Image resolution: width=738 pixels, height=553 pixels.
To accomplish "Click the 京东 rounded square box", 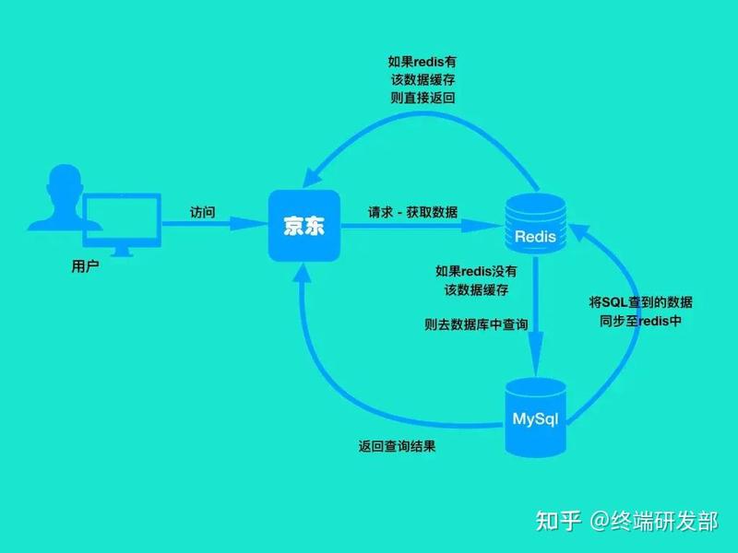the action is [304, 226].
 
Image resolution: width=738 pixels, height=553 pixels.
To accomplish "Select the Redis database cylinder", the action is [535, 223].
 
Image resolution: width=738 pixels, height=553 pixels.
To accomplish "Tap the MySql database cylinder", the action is [535, 418].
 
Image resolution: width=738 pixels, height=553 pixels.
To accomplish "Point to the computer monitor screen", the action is [122, 219].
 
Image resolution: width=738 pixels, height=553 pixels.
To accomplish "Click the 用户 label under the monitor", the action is [85, 266].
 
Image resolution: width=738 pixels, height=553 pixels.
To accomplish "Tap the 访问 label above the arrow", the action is [203, 212].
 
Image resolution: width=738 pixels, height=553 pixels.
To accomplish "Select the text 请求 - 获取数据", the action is [412, 212].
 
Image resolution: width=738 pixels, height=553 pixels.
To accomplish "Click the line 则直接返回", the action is [423, 98].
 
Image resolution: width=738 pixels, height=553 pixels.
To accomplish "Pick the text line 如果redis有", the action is [423, 62].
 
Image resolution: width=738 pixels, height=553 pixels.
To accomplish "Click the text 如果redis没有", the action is [476, 271].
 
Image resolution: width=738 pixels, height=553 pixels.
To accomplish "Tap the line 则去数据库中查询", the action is [476, 324].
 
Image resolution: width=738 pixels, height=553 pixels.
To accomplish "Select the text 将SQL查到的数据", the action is [640, 302].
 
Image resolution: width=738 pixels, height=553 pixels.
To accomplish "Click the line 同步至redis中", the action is [640, 321].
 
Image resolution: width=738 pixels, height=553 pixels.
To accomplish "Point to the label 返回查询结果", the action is [397, 446].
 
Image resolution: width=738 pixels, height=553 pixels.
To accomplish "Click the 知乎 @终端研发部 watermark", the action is [626, 521].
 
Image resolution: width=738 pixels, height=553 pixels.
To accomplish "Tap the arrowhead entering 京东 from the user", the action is [248, 223].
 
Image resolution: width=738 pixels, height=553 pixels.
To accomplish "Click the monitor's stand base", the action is [122, 253].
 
